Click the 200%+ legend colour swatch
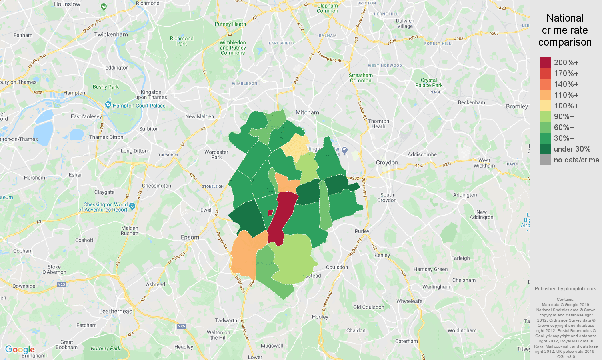pos(546,62)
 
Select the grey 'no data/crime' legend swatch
pos(546,160)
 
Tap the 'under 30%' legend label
pos(572,149)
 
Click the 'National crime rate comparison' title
pos(565,30)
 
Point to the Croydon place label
pos(387,162)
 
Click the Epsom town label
pos(190,237)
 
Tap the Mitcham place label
pos(307,113)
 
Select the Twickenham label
pos(111,34)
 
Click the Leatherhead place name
pos(116,311)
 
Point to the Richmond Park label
pos(182,41)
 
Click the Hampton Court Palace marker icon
pos(108,105)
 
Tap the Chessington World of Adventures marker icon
pos(132,206)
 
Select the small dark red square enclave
pos(270,212)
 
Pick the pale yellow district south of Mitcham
pos(296,145)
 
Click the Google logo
pos(20,350)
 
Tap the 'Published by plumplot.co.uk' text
pos(566,289)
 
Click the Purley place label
pos(362,231)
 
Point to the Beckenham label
pos(471,102)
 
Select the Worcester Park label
pos(216,154)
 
